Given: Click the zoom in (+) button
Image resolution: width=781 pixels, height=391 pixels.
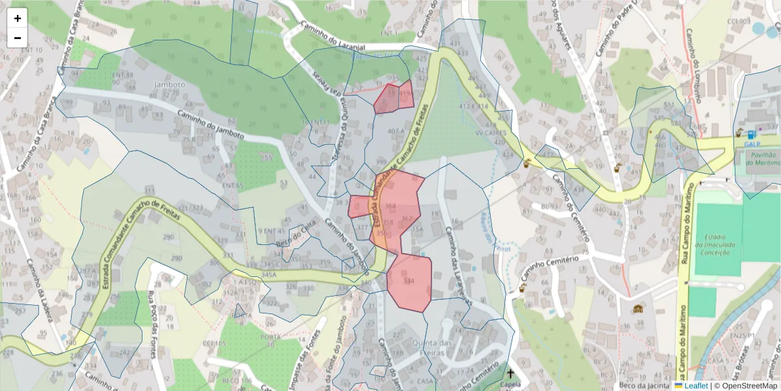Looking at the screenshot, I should click(18, 18).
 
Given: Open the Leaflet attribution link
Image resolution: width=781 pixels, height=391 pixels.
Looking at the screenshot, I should click(696, 385).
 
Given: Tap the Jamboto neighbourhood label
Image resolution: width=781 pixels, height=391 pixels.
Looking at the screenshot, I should click(169, 85).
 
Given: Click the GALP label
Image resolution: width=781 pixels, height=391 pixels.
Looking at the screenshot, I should click(752, 144).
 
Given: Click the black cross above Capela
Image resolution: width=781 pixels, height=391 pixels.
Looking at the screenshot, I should click(511, 374).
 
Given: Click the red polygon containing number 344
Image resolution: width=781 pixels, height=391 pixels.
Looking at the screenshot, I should click(409, 282).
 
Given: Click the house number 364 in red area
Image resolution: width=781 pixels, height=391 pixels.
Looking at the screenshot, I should click(390, 206).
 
